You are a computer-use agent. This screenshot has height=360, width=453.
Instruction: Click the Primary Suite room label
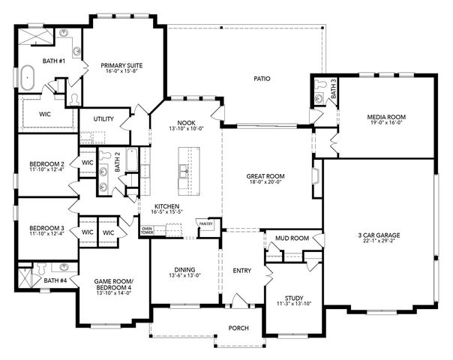(121, 66)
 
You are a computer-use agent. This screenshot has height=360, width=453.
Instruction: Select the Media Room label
(385, 118)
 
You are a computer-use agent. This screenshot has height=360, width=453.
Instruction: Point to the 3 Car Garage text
(380, 235)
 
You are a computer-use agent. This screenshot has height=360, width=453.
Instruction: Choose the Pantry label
(205, 223)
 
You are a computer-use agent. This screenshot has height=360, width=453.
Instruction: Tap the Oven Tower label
(147, 230)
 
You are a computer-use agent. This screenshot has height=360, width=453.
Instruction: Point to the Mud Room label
(292, 238)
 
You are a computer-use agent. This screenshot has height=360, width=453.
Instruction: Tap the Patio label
(261, 78)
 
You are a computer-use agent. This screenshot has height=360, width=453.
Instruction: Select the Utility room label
(103, 119)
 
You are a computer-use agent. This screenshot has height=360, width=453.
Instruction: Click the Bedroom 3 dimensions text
(46, 235)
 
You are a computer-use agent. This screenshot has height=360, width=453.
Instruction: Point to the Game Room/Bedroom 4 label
(112, 284)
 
